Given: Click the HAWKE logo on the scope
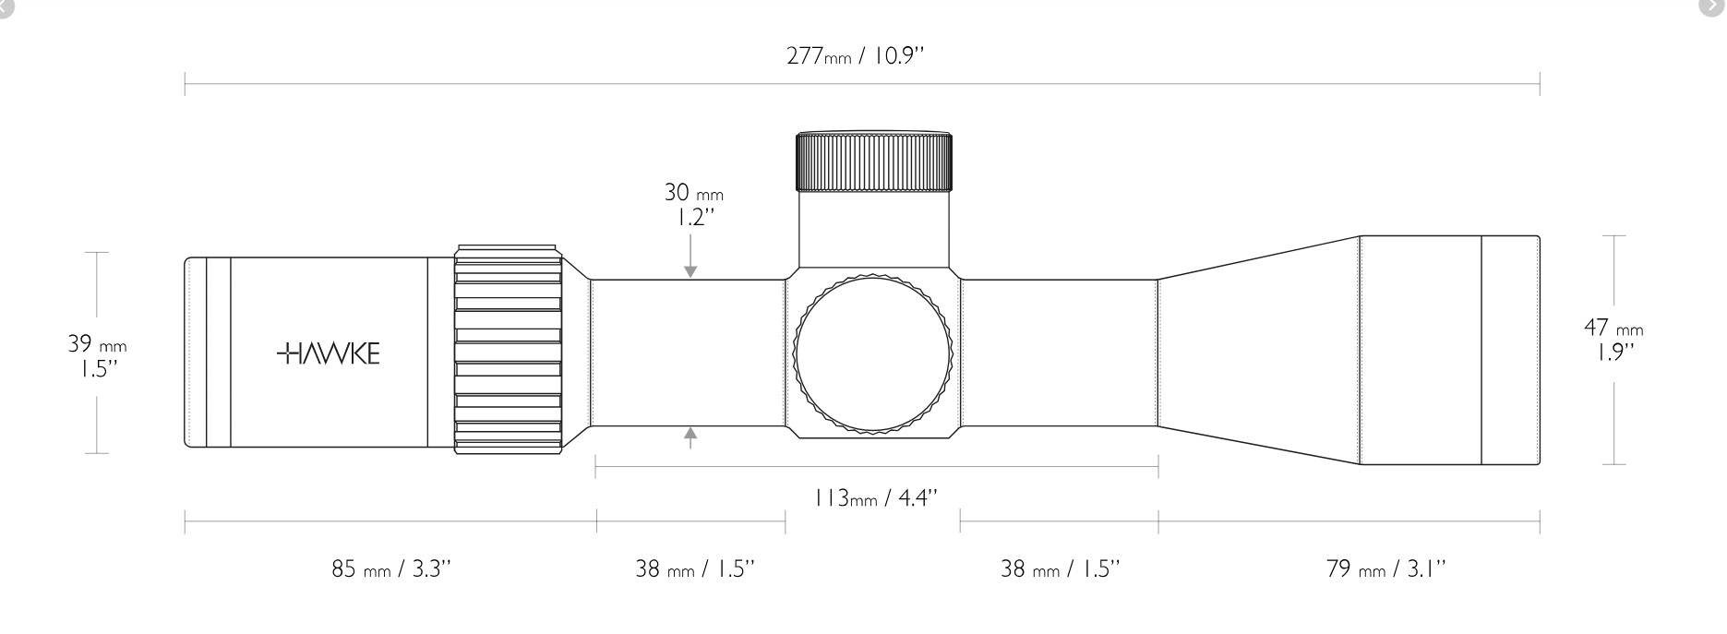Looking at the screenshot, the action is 328,353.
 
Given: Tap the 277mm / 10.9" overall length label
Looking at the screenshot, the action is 855,55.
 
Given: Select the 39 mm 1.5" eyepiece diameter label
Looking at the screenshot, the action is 97,356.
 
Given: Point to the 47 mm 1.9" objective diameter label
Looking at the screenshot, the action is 1613,339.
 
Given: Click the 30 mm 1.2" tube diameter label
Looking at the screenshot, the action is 693,205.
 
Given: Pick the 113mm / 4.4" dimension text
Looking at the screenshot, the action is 875,498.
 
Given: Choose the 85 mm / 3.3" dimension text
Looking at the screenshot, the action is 391,568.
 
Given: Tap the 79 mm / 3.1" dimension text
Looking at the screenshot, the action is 1385,568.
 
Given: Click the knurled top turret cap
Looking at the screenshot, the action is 873,161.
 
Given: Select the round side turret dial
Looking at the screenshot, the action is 873,353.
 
